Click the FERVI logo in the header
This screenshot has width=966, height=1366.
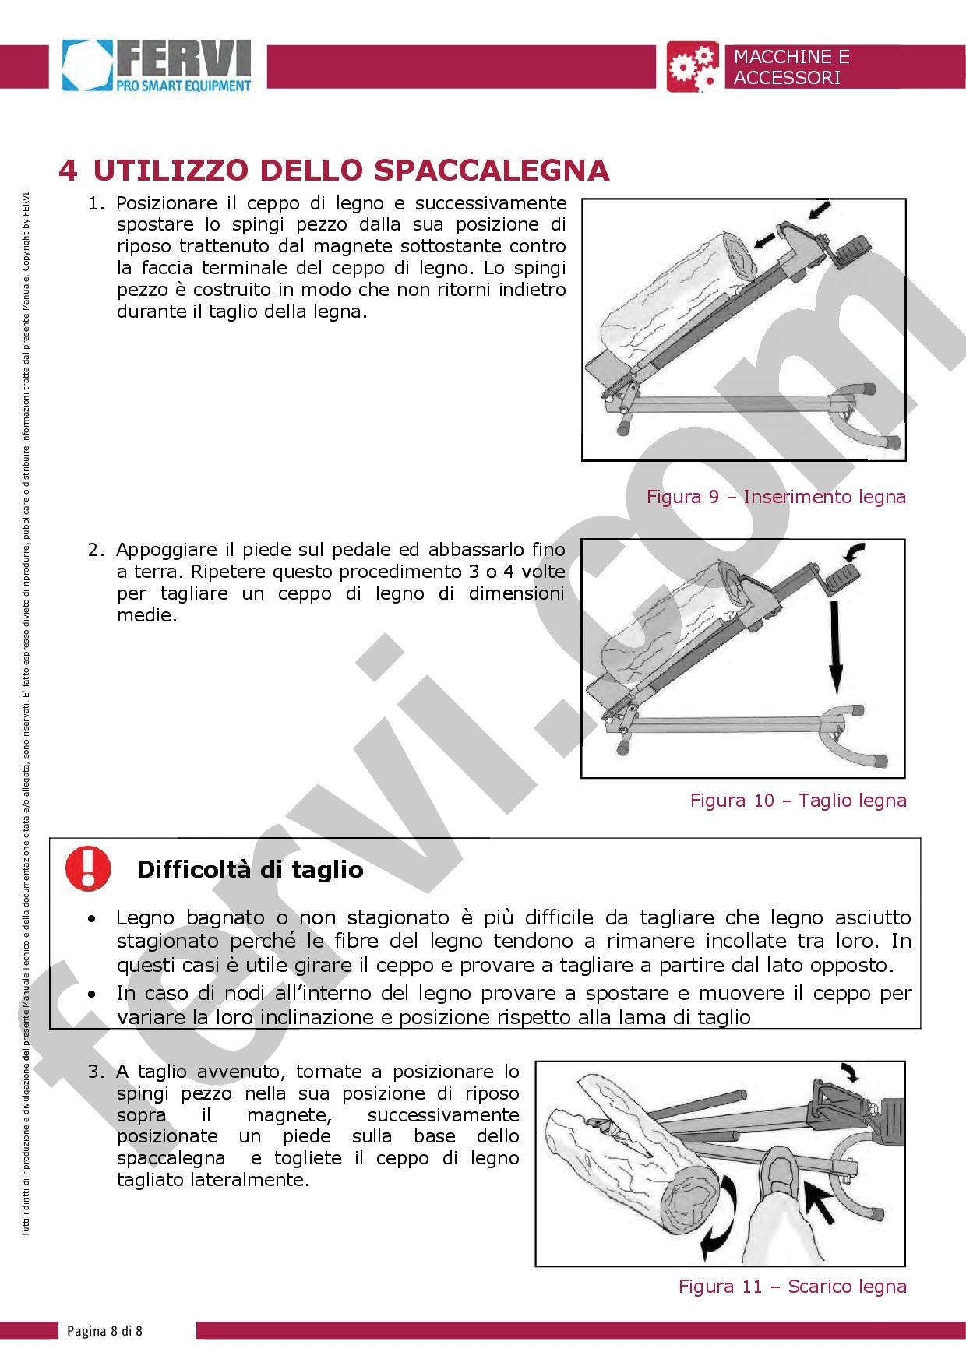point(158,67)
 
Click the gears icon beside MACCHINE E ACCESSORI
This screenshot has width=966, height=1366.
point(692,67)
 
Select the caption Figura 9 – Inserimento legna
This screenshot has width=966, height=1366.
point(776,497)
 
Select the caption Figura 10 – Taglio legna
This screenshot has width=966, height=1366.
point(798,801)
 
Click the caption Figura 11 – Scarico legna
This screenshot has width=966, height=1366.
point(792,1286)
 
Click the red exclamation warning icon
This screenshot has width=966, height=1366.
point(88,868)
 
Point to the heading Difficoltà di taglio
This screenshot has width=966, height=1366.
point(250,869)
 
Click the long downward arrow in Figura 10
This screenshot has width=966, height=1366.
point(836,646)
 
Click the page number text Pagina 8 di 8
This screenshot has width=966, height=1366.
point(104,1330)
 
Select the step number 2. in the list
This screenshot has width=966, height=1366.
point(95,550)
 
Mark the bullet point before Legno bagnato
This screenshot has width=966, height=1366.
point(93,920)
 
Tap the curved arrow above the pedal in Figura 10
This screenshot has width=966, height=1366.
point(855,552)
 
